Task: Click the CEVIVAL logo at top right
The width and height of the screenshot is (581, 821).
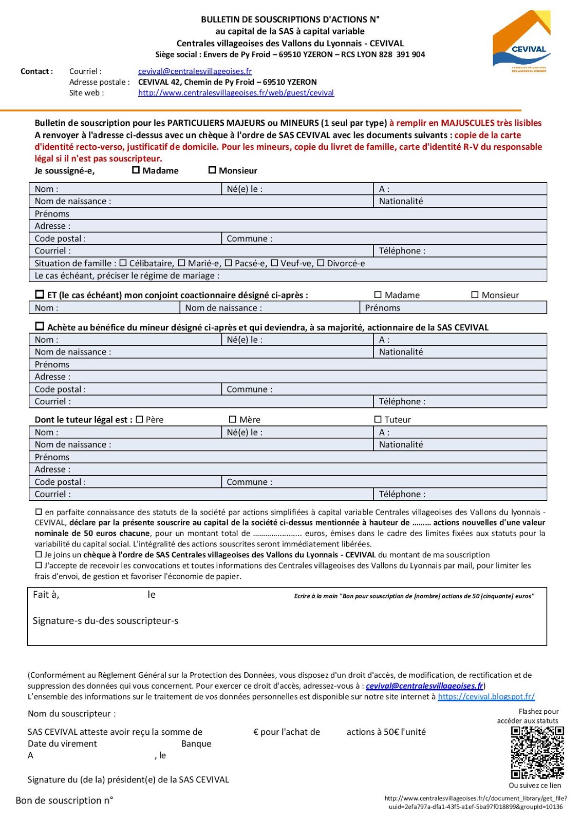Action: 521,41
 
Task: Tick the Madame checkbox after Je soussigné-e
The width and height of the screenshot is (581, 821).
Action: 136,170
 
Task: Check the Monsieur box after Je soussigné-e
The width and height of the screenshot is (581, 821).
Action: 212,170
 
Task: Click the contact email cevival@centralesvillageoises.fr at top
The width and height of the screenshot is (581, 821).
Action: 195,71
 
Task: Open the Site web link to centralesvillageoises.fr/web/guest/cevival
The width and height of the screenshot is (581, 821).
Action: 236,93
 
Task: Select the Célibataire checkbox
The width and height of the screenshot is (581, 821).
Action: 123,263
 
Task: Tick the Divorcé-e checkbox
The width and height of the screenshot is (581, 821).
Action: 321,263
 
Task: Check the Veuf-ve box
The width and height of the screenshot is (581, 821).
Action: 274,263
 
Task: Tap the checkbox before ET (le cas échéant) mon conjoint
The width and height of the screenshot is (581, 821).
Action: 40,295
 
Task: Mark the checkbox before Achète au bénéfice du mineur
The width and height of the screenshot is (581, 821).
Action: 40,326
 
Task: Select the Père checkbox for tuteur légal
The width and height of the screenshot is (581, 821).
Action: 139,419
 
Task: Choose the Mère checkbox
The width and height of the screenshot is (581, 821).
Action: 233,419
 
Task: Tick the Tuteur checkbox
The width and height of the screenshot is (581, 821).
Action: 378,419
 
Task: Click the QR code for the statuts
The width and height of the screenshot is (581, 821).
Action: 537,752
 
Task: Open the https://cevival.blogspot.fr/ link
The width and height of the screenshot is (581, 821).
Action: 486,697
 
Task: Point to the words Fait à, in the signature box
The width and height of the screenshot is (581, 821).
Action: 46,595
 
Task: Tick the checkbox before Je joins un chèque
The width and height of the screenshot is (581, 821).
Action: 38,555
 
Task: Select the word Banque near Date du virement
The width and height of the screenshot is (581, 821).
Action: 196,744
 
